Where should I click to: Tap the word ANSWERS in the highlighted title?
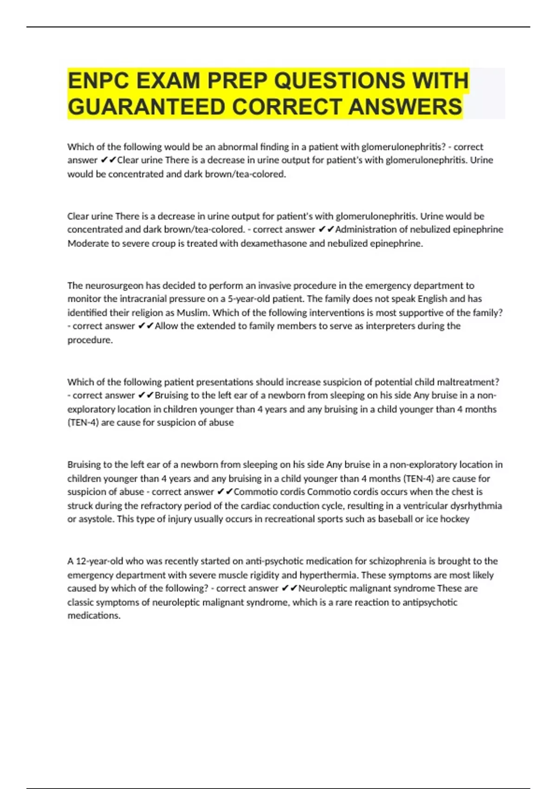(405, 107)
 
